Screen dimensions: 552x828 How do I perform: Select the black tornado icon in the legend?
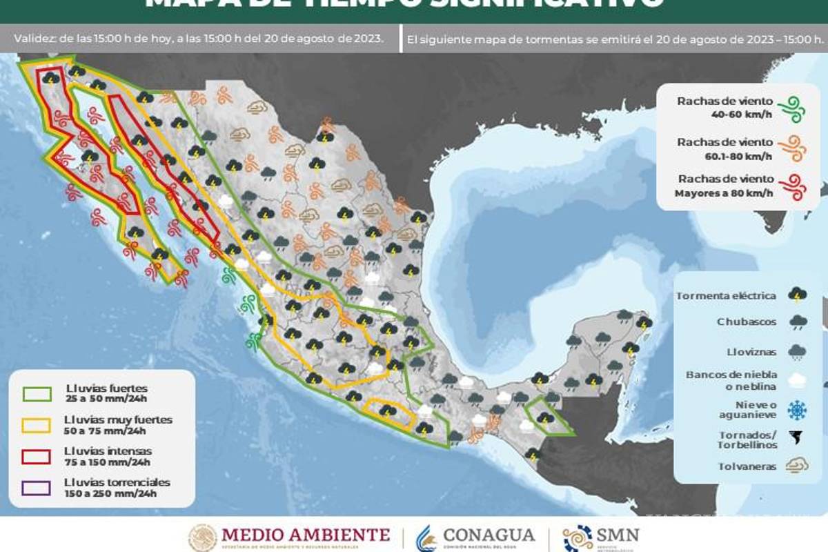798,438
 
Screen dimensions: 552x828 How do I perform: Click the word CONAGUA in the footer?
489,535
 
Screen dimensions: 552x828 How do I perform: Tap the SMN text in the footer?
618,534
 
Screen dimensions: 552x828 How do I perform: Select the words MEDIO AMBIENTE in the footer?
305,534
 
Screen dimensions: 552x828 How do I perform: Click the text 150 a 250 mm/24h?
110,493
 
